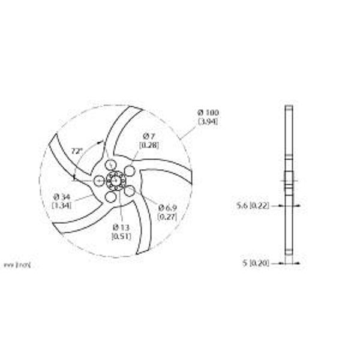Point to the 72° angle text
click(76, 151)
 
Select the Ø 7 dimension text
click(148, 137)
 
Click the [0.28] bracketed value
click(148, 146)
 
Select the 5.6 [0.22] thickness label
click(252, 205)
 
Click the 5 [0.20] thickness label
click(256, 263)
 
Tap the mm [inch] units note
click(18, 263)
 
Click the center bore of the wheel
click(115, 179)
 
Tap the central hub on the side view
click(289, 179)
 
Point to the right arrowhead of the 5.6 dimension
click(295, 205)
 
